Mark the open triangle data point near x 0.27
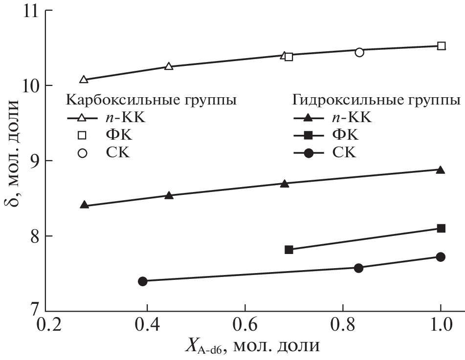pos(84,80)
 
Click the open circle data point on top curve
pos(359,52)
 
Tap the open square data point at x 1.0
pos(441,46)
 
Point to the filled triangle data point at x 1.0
pos(440,170)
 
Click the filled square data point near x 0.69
pos(288,250)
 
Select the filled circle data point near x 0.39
pos(143,281)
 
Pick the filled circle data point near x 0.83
pos(358,268)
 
